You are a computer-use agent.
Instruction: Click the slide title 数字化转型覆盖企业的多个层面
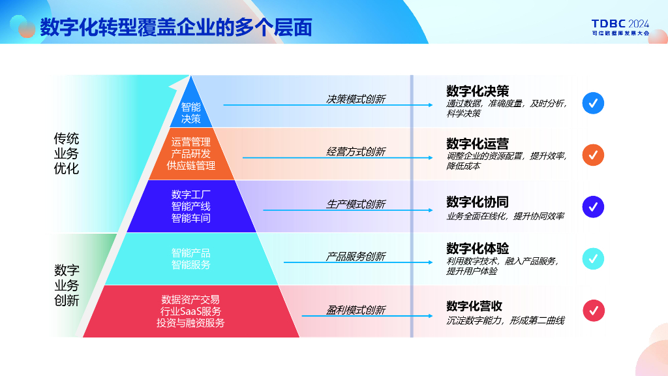pos(176,27)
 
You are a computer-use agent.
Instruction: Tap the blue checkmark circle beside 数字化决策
pos(593,103)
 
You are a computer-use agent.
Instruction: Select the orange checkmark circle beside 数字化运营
pos(593,155)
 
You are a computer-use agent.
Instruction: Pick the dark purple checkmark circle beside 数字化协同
pos(593,207)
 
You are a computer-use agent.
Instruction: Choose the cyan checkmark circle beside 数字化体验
pos(593,258)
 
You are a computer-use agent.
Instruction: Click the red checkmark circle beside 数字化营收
pos(593,310)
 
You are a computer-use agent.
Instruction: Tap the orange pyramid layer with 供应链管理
pos(191,153)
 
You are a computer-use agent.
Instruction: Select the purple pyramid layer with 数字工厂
pos(191,206)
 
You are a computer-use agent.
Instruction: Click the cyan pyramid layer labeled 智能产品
pos(191,258)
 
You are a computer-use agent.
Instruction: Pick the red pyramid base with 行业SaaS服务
pos(190,311)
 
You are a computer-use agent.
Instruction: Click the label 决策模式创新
pos(356,99)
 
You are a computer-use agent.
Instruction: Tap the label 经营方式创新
pos(356,151)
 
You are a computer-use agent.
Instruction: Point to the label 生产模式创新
pos(356,204)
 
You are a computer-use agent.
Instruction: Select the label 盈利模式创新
pos(356,310)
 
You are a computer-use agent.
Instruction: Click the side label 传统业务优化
pos(66,153)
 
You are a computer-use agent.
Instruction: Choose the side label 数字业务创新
pos(67,285)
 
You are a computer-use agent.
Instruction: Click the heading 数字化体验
pos(478,249)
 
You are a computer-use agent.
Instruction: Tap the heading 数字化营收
pos(474,306)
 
